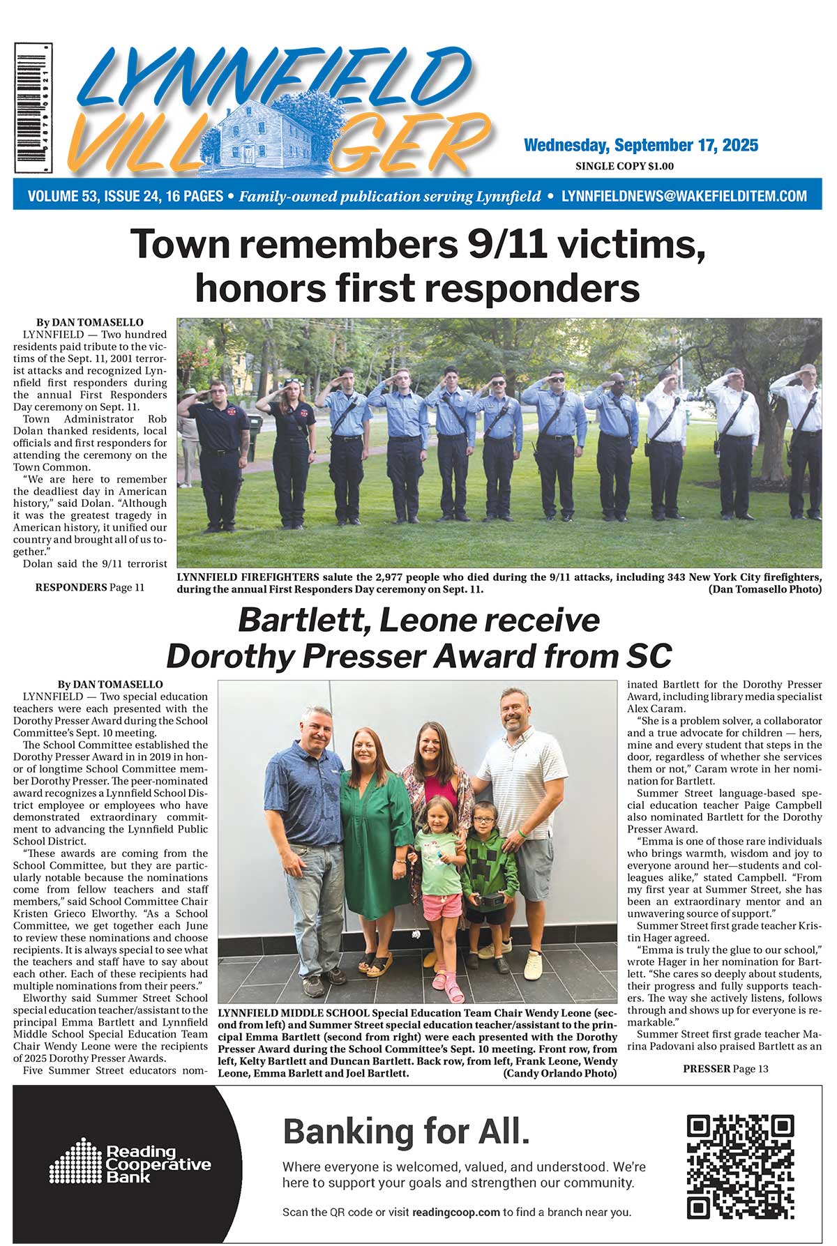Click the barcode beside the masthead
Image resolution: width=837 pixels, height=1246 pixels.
pyautogui.click(x=33, y=107)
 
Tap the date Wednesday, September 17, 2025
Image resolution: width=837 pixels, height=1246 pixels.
pyautogui.click(x=640, y=145)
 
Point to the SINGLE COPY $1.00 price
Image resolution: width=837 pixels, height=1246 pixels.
pyautogui.click(x=624, y=166)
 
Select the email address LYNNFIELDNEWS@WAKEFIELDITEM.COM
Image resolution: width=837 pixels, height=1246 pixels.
pyautogui.click(x=684, y=196)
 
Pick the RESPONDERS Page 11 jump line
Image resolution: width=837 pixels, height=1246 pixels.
pyautogui.click(x=90, y=587)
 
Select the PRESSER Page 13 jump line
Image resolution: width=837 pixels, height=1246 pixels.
pyautogui.click(x=725, y=1068)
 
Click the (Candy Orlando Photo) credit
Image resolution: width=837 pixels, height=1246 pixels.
pyautogui.click(x=559, y=1073)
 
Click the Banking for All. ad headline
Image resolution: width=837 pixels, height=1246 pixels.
pyautogui.click(x=406, y=1131)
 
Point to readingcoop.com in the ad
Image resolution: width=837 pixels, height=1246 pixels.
pyautogui.click(x=456, y=1212)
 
